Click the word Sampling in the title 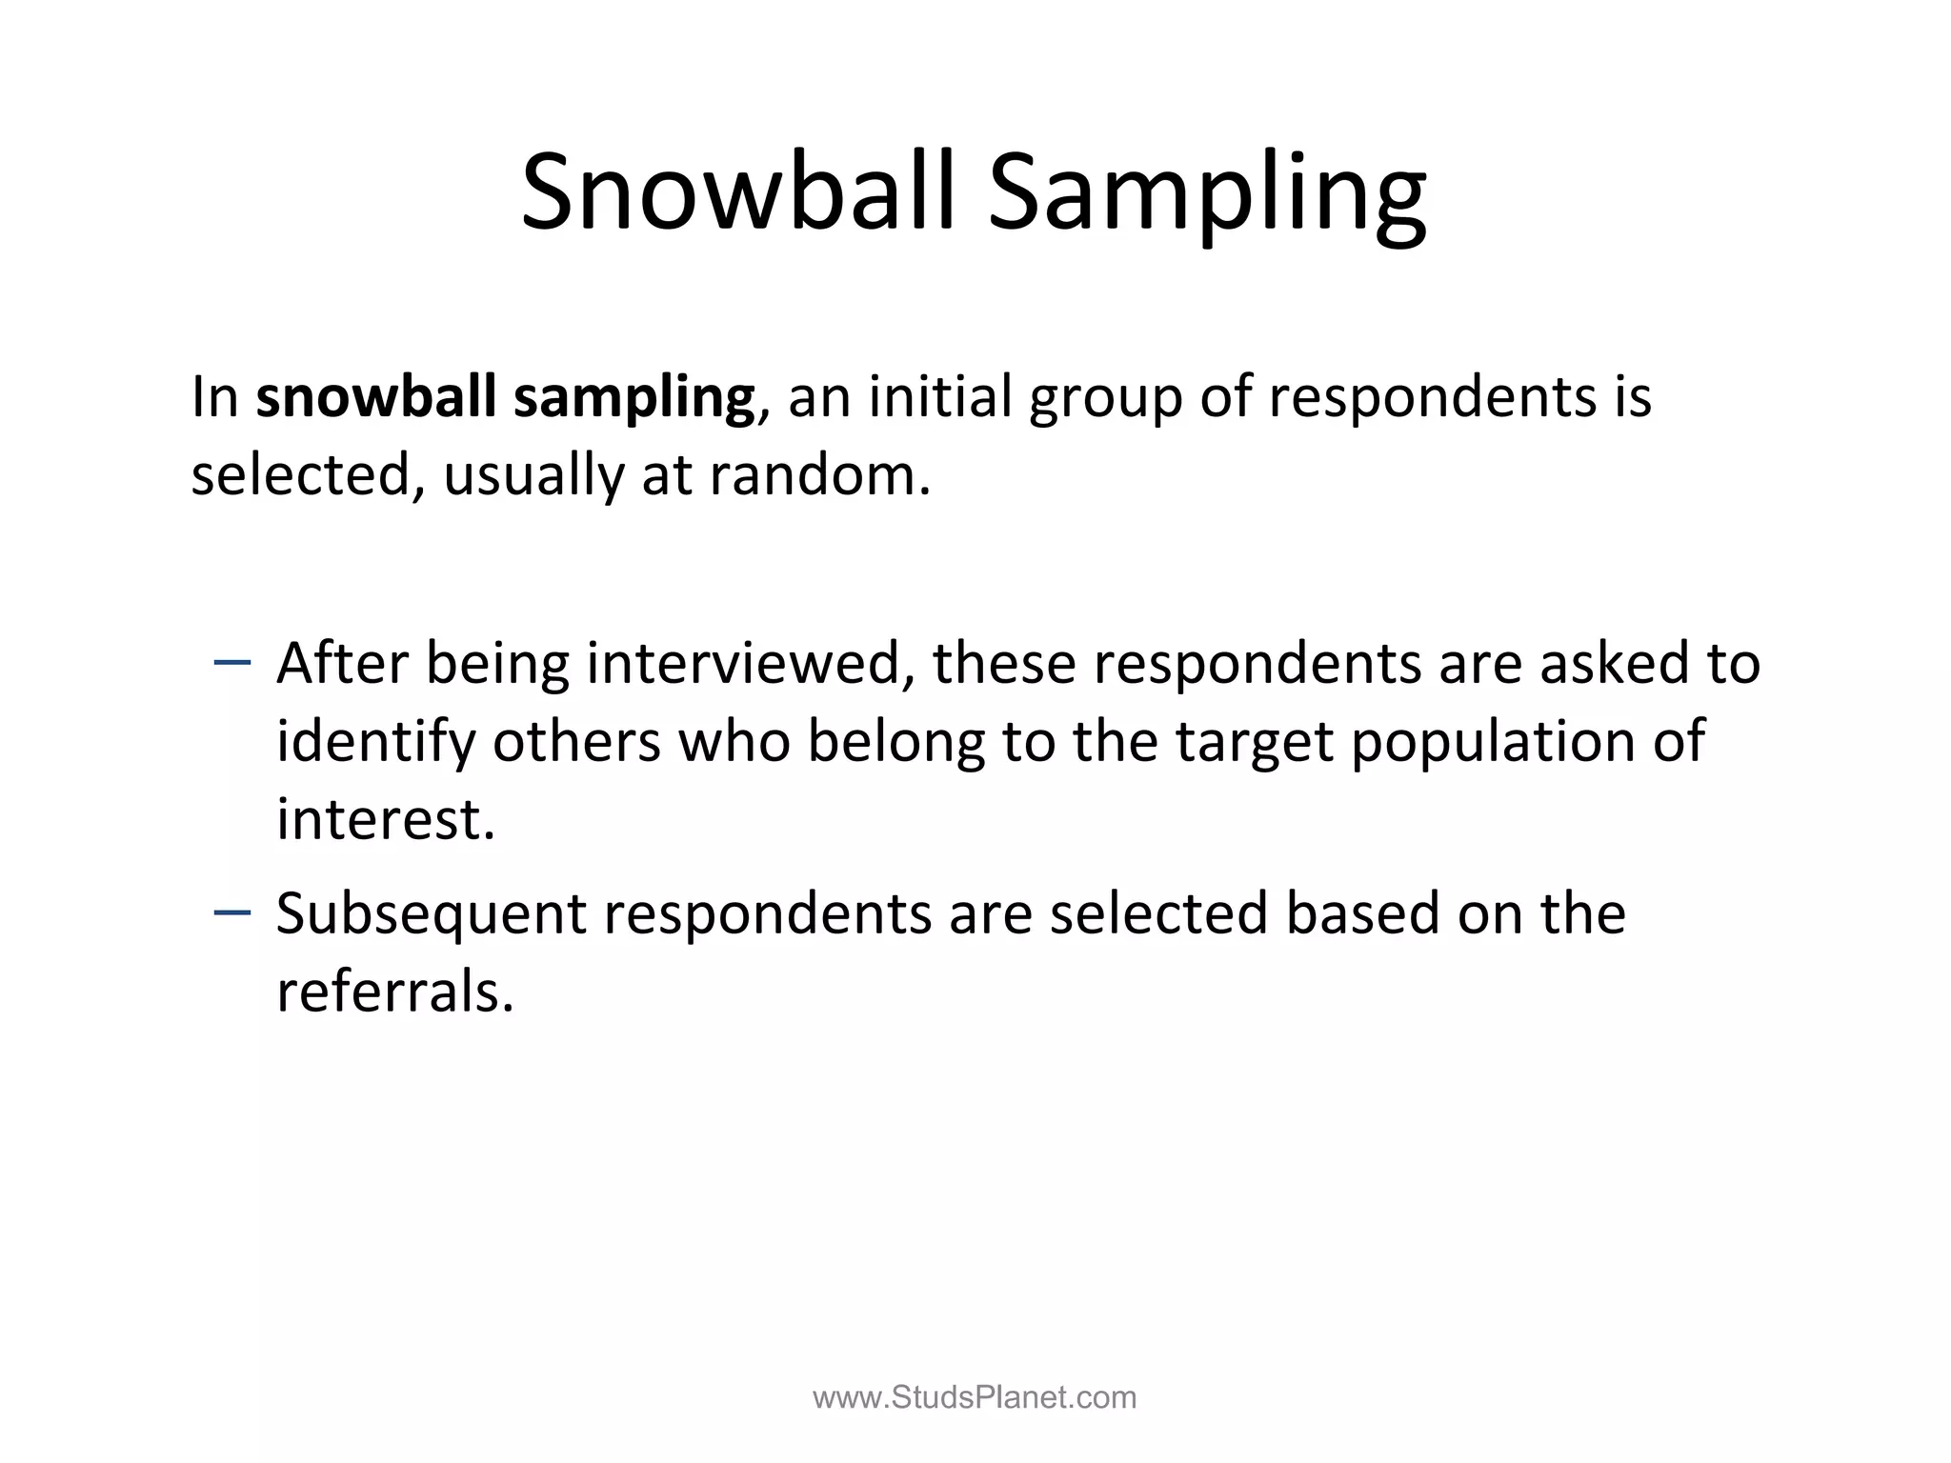tap(1207, 195)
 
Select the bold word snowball tap(376, 396)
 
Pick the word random tap(819, 474)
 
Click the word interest tap(385, 819)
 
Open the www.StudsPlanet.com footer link tap(975, 1397)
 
